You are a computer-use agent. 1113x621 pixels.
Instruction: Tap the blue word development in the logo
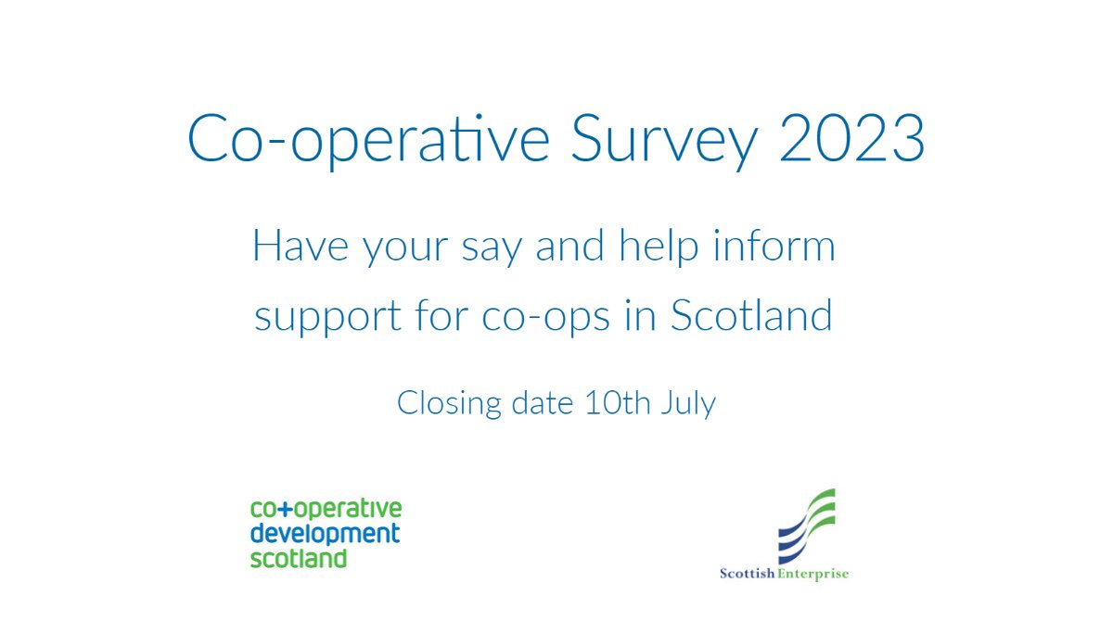tap(325, 534)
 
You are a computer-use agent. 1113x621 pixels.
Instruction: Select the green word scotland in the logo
tap(298, 558)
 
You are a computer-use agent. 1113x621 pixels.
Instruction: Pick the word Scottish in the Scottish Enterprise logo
tap(750, 574)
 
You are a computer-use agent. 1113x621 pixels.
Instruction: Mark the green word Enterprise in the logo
tap(815, 574)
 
